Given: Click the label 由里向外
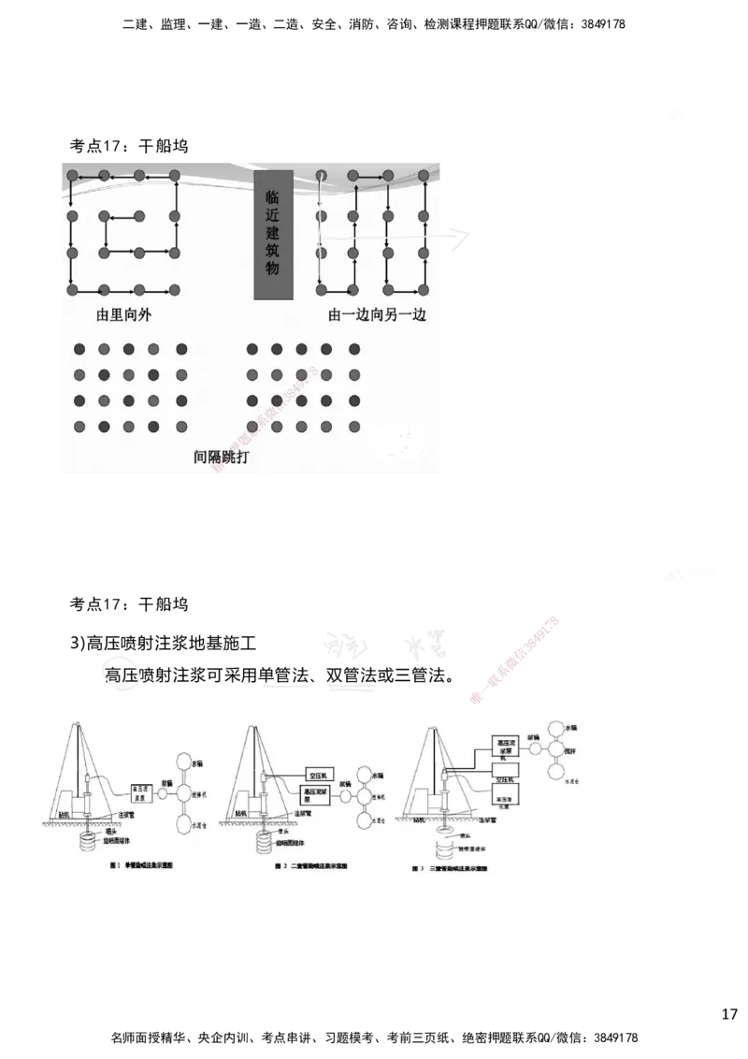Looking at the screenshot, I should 123,315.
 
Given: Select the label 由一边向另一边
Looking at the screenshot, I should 377,315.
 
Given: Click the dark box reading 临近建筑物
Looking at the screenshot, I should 274,235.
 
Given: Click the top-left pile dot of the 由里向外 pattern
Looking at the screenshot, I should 70,176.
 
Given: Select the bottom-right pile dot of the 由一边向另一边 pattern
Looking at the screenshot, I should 424,289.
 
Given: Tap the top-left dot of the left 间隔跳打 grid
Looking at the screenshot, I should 80,349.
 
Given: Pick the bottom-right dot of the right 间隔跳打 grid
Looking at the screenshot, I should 354,427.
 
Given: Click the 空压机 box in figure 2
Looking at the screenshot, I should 322,775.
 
